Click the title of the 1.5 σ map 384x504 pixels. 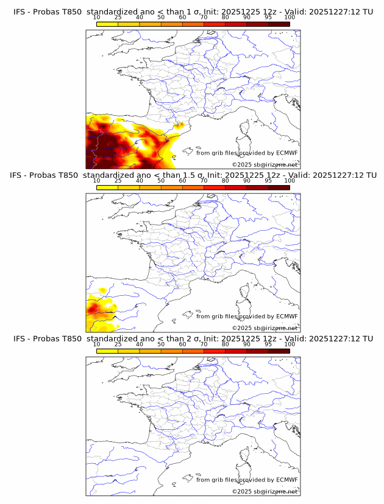[193, 175]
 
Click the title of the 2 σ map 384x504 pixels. [193, 338]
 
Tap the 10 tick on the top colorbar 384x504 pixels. [97, 18]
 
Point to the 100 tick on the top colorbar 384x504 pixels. [290, 18]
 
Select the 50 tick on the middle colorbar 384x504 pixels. [161, 181]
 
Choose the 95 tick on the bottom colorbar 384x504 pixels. [268, 344]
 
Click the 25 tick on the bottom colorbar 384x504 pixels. [118, 344]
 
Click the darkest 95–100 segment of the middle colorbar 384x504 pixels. [279, 187]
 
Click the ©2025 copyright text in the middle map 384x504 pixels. [265, 327]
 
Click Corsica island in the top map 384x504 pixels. [245, 128]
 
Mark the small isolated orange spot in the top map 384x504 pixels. [179, 126]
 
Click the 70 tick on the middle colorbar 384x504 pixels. [204, 181]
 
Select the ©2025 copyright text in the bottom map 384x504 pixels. [265, 491]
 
